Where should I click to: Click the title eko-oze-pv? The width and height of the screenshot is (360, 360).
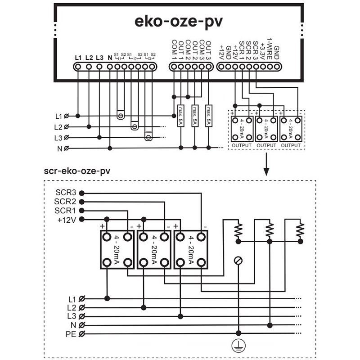point(179,22)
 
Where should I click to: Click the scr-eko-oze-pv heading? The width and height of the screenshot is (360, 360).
point(77,171)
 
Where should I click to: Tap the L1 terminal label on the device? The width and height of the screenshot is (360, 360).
point(78,58)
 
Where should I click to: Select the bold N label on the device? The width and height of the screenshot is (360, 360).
point(109,58)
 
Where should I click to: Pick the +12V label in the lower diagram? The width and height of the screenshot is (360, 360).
point(66,219)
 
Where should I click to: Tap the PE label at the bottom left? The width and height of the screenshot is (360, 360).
point(71,334)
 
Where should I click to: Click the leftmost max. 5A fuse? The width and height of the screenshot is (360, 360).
point(180,116)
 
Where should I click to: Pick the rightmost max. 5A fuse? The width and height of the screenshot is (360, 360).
point(208,116)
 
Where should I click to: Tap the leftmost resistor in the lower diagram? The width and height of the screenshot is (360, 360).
point(238,230)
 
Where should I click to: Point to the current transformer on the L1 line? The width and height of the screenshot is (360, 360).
point(120,115)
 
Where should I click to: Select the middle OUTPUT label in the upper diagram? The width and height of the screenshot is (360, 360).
point(266,145)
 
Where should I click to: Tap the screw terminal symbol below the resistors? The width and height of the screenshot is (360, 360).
point(238,261)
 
